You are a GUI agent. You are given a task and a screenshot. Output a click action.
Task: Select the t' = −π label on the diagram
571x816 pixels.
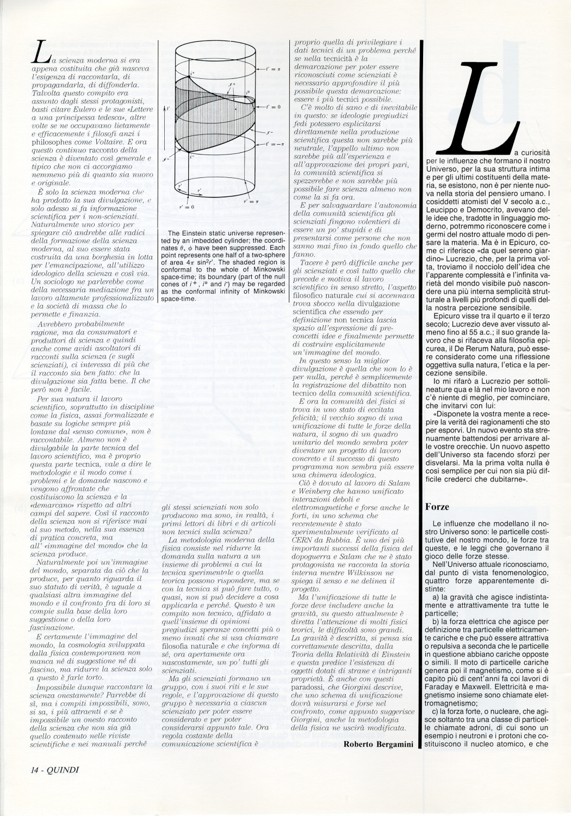[x=275, y=144]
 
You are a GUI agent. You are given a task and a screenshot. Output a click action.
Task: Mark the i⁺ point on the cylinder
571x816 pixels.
[x=191, y=72]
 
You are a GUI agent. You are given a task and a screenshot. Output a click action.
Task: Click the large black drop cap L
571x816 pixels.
[x=479, y=103]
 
